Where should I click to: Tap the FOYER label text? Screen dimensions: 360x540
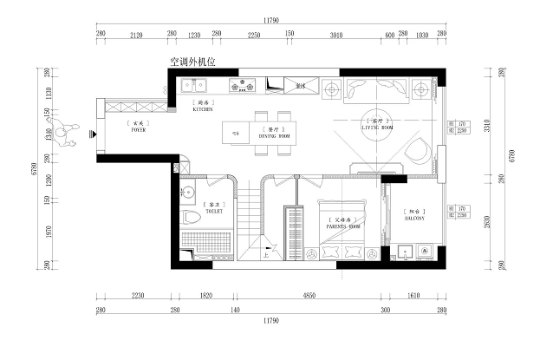pos(139,130)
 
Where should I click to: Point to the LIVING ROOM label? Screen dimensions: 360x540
pos(378,128)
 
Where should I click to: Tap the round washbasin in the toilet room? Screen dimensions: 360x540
pos(189,190)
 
